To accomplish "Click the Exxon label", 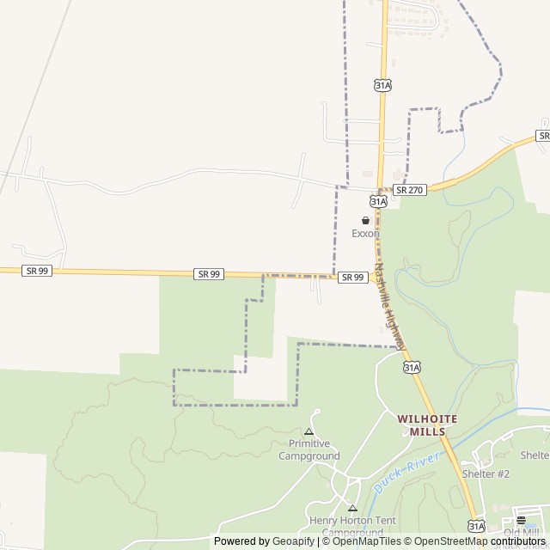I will tap(365, 234).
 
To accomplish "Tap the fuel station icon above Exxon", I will tap(365, 221).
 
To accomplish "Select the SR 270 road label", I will tap(409, 190).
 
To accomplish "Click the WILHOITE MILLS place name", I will tap(427, 425).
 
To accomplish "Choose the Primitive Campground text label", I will tap(309, 450).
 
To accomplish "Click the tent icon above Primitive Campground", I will tap(309, 431).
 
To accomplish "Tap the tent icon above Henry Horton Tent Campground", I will tap(351, 508).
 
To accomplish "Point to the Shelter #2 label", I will tap(486, 474).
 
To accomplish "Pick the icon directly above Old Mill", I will tap(521, 520).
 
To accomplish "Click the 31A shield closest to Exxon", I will tap(378, 201).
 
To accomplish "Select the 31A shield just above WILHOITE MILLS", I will tap(411, 367).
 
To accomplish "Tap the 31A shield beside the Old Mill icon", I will tap(477, 526).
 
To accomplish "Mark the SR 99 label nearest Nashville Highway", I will tap(352, 277).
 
